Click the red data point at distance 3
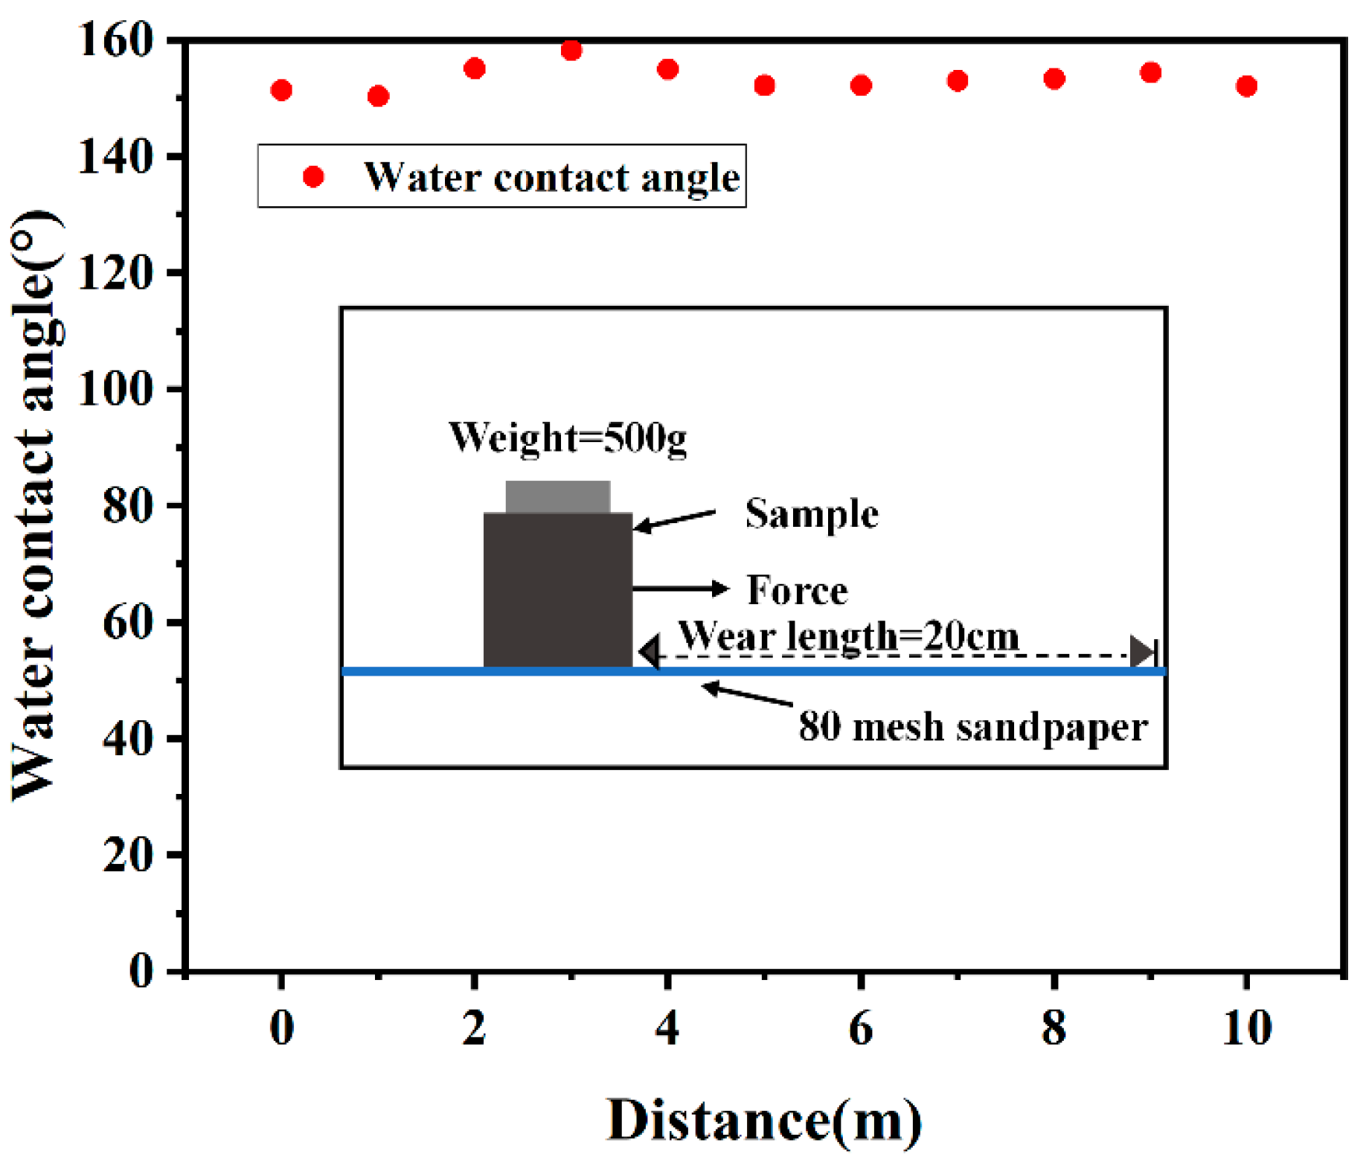[571, 51]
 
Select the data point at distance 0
[281, 90]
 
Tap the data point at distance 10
[1246, 86]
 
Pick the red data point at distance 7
[958, 80]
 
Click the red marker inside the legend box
[313, 176]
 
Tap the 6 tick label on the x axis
[860, 1029]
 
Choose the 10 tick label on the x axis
[1247, 1029]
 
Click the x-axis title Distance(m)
[764, 1120]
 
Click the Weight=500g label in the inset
[567, 438]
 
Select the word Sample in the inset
[812, 513]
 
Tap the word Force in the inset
[797, 590]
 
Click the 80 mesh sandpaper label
[973, 726]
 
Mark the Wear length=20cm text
[848, 636]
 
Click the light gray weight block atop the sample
[558, 496]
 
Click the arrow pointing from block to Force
[680, 589]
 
